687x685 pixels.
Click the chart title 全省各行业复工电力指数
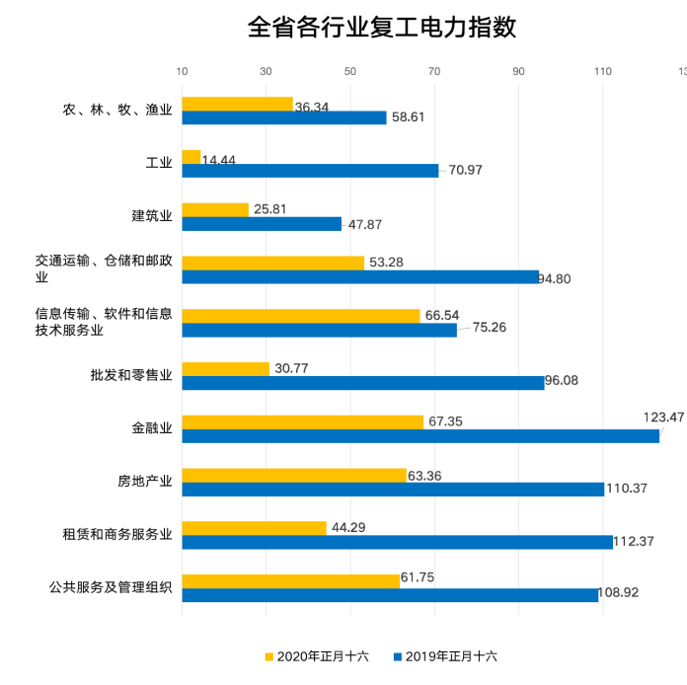pos(382,27)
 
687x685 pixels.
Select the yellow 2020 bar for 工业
pos(191,157)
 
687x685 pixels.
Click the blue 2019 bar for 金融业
pos(420,436)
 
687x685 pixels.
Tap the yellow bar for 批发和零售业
pos(226,369)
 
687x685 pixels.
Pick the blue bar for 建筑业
pos(262,224)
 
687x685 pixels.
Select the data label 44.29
pos(348,527)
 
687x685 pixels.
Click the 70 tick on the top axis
pos(434,72)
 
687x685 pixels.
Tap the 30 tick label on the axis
pos(267,72)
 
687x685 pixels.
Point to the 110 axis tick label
pos(603,72)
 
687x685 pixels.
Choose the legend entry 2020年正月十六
pos(316,655)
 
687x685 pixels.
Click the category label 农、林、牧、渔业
pos(117,111)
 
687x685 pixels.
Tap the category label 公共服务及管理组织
pos(111,587)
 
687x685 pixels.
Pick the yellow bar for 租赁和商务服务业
pos(254,528)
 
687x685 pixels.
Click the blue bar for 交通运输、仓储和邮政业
pos(360,276)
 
